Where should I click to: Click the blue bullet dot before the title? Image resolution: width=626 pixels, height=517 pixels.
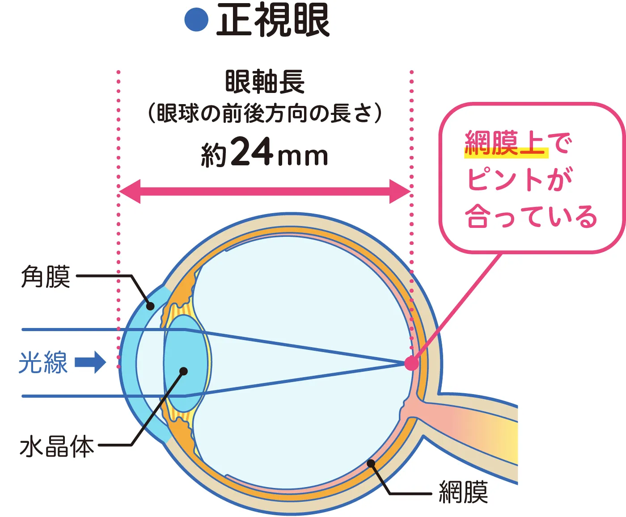tap(196, 20)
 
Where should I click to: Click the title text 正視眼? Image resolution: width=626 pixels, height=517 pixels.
tap(273, 21)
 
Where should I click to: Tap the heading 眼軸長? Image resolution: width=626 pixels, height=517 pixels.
tap(265, 81)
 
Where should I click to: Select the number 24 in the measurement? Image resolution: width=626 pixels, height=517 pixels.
tap(253, 151)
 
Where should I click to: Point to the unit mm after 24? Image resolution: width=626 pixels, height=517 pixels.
tap(303, 157)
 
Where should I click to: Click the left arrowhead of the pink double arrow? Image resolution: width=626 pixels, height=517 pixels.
tap(130, 192)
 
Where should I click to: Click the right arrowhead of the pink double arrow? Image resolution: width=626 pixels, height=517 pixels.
tap(400, 192)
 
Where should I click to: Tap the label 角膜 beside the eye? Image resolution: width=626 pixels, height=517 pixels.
tap(46, 276)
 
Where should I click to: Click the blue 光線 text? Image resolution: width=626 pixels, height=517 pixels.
tap(43, 362)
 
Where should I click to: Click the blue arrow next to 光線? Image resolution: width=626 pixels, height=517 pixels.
tap(90, 362)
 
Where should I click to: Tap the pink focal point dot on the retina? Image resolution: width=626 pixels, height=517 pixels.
tap(412, 363)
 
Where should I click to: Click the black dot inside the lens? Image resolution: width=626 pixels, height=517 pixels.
tap(183, 371)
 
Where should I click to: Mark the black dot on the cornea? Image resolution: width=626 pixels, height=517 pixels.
tap(150, 306)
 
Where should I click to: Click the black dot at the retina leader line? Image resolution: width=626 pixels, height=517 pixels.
tap(371, 463)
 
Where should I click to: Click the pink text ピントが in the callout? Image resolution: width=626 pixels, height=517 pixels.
tap(520, 179)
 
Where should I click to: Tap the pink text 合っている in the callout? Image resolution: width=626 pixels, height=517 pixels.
tap(531, 216)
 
